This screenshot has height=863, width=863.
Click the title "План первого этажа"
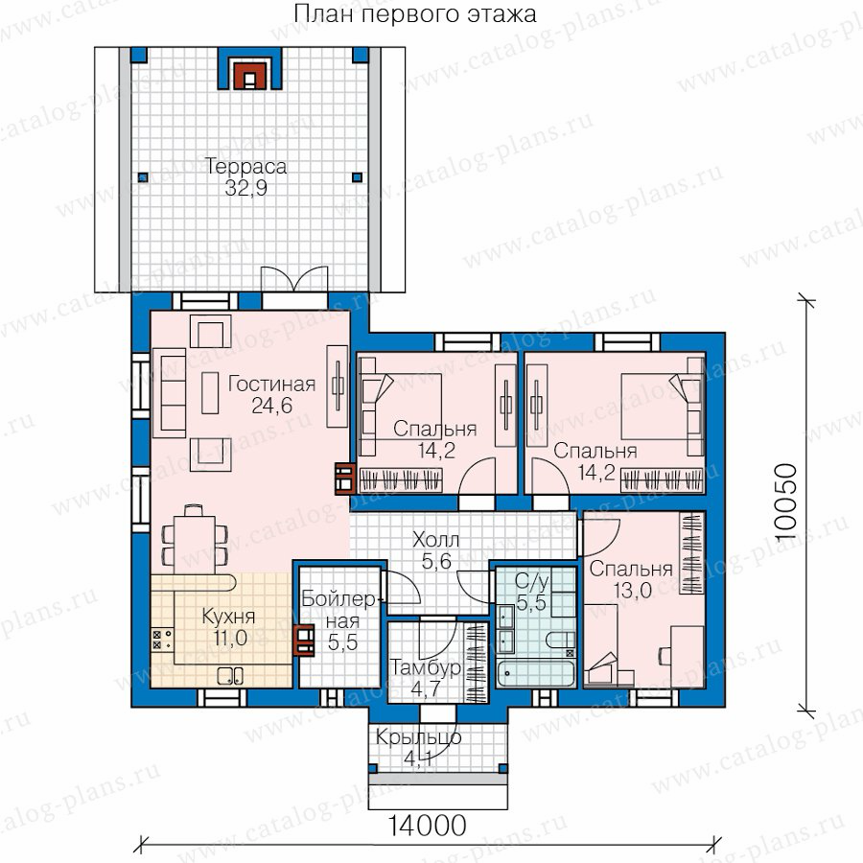point(415,13)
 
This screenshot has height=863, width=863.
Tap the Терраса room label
point(245,166)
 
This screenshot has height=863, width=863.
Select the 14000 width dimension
point(428,826)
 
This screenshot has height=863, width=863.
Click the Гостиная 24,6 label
point(272,394)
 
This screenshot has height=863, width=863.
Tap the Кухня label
point(228,617)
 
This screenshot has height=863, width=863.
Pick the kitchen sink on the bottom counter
point(230,675)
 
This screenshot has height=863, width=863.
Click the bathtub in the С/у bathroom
point(535,673)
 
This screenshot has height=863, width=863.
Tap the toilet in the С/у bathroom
point(561,641)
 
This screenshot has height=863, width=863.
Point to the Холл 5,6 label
point(436,550)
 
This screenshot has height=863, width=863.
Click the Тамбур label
point(425,667)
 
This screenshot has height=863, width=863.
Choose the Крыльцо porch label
point(418,737)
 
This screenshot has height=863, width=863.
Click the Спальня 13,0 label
point(631,579)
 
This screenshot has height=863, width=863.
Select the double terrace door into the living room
point(294,280)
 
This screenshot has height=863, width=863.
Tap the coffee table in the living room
point(210,393)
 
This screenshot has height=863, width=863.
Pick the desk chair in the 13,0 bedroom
point(665,655)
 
